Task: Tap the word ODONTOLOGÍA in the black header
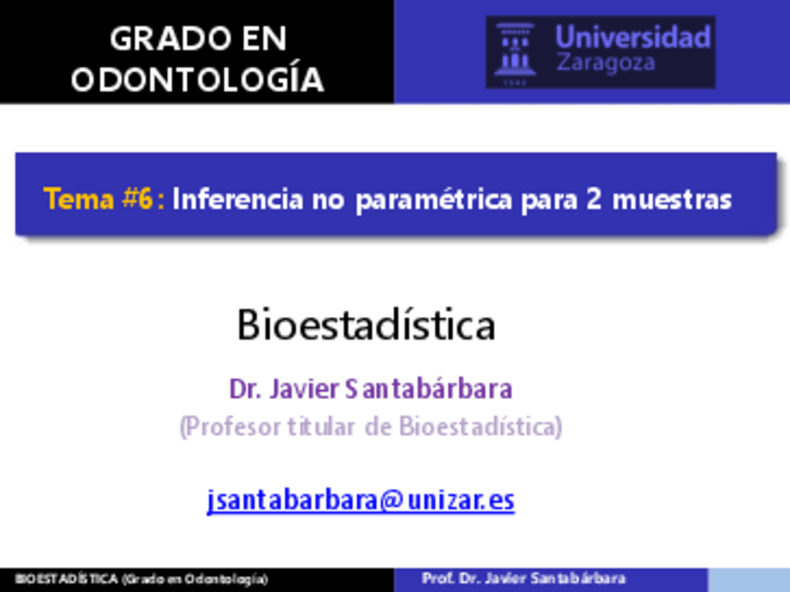tap(197, 79)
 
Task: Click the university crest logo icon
tap(515, 50)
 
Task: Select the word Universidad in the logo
tap(633, 37)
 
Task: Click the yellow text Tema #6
tap(98, 200)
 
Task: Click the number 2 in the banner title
tap(593, 200)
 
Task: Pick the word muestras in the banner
tap(672, 200)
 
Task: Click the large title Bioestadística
tap(365, 325)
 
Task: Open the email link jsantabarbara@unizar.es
tap(361, 501)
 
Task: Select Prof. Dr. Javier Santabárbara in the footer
tap(524, 579)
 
